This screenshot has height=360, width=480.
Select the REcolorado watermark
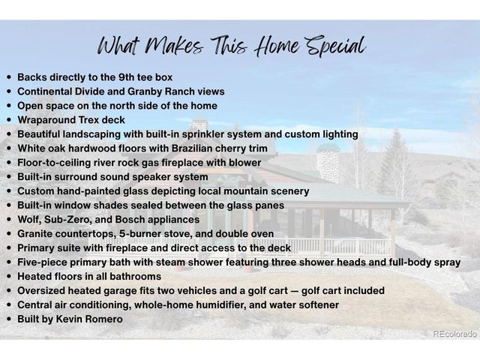point(454,333)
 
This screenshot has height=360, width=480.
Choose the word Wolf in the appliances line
point(29,220)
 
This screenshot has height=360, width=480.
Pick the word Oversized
point(43,291)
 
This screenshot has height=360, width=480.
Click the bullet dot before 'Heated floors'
point(8,277)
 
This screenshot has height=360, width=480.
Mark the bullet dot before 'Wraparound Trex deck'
point(8,120)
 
